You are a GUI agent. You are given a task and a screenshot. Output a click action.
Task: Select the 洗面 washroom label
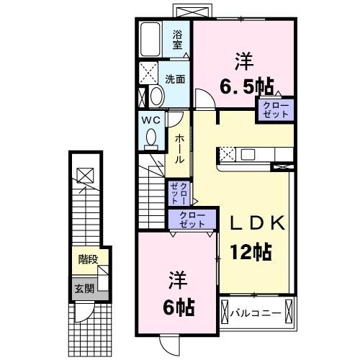pos(175,79)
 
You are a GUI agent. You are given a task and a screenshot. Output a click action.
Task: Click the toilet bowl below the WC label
pos(150,136)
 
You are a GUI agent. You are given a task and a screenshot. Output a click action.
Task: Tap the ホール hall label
pos(179,148)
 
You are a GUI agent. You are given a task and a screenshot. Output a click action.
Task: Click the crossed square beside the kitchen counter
pos(228,153)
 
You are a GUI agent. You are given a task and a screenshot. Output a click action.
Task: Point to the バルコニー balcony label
pos(258,312)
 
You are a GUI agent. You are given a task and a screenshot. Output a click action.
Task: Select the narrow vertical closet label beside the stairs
pos(179,194)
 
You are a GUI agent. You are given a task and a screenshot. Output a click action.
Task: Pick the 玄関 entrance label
pos(84,289)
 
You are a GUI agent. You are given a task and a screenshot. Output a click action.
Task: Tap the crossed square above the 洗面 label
pos(150,73)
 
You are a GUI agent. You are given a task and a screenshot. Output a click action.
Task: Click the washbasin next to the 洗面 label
pos(154,96)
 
